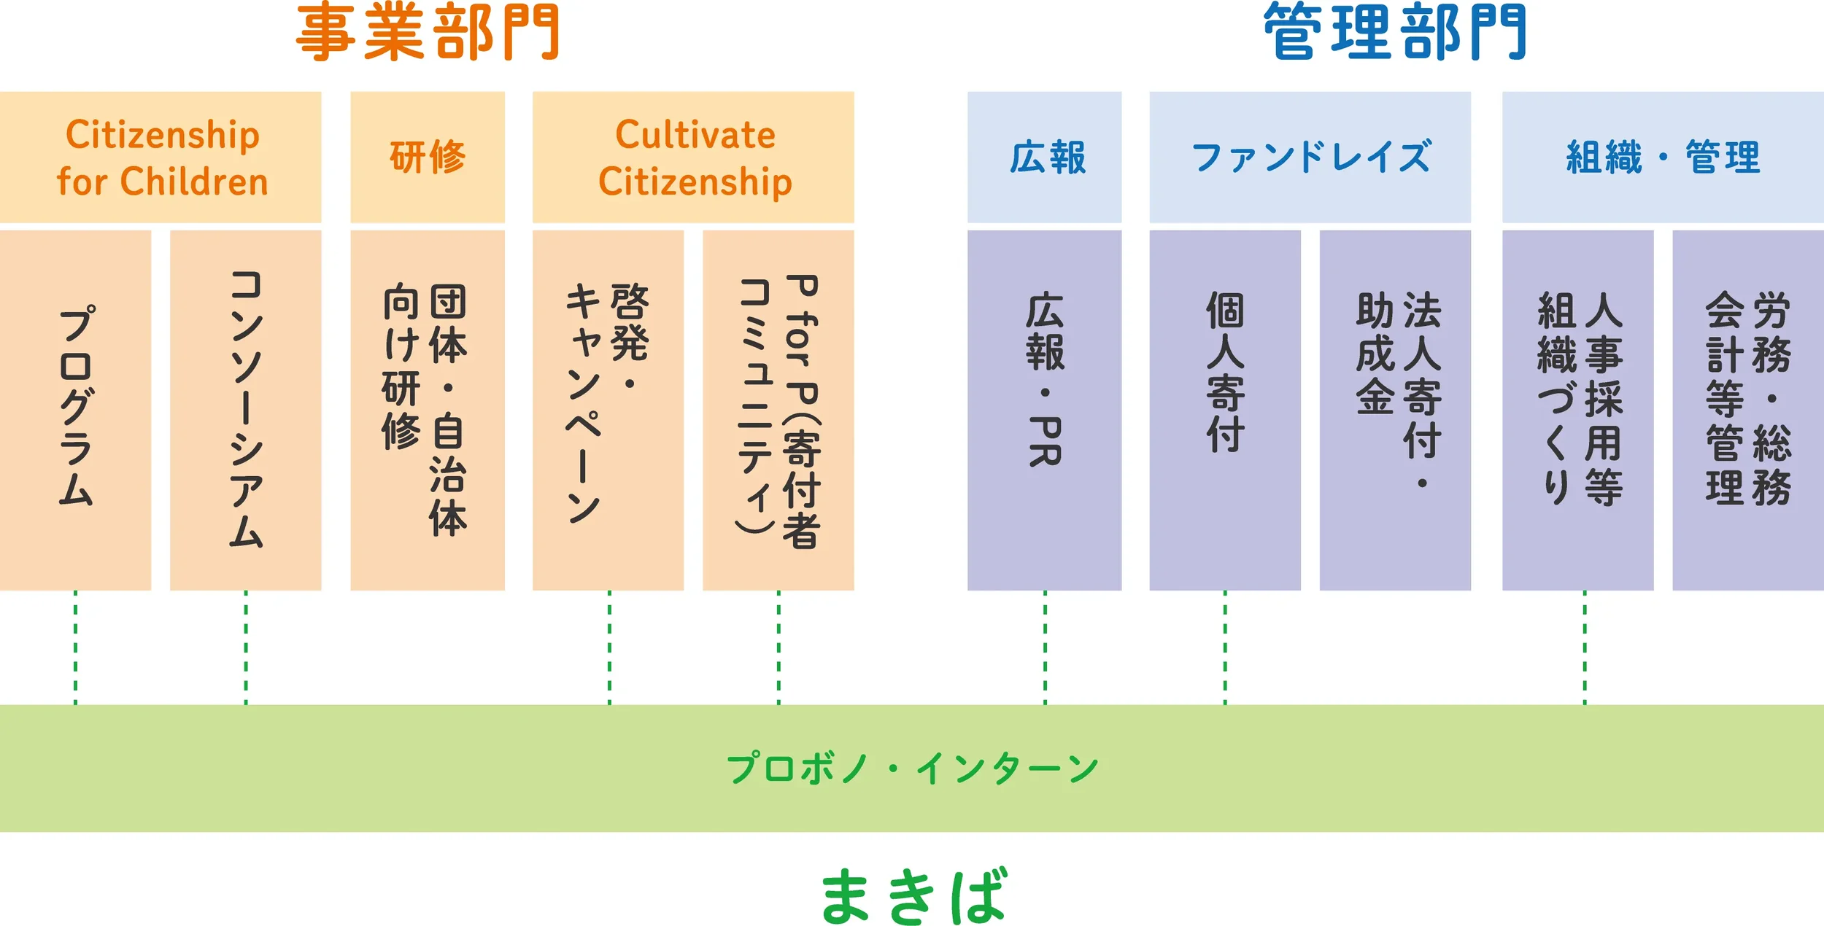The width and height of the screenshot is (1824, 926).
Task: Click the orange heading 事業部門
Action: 428,32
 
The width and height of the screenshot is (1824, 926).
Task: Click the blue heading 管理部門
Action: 1395,32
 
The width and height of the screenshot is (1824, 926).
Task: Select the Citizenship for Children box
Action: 161,157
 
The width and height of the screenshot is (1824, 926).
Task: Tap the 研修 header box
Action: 428,157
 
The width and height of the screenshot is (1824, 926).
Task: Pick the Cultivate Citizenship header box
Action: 693,157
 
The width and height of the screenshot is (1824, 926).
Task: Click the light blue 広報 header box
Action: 1044,157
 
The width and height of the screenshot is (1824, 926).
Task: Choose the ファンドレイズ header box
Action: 1310,157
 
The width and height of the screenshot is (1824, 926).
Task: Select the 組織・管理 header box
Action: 1663,157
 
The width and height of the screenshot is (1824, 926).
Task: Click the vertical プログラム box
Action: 75,410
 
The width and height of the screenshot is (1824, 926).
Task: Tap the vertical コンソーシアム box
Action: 245,410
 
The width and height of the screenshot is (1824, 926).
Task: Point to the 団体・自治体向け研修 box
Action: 428,410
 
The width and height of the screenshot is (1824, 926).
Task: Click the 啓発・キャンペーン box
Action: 608,410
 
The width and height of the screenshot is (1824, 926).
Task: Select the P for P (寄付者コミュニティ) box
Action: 778,410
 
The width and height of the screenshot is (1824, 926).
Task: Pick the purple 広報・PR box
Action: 1044,410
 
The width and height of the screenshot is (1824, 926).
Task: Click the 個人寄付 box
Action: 1224,410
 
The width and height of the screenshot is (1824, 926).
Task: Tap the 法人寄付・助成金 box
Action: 1395,410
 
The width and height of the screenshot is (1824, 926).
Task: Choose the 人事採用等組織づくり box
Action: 1577,410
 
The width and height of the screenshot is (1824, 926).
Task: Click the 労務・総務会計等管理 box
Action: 1747,410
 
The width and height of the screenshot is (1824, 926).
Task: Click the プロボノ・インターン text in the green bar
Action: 912,769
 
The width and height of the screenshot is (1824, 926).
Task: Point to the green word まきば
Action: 913,895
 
